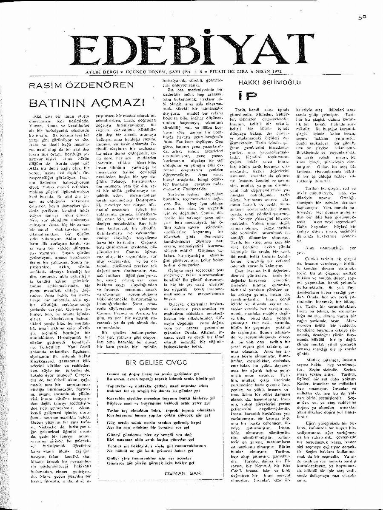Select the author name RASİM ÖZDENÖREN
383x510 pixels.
pos(80,85)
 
